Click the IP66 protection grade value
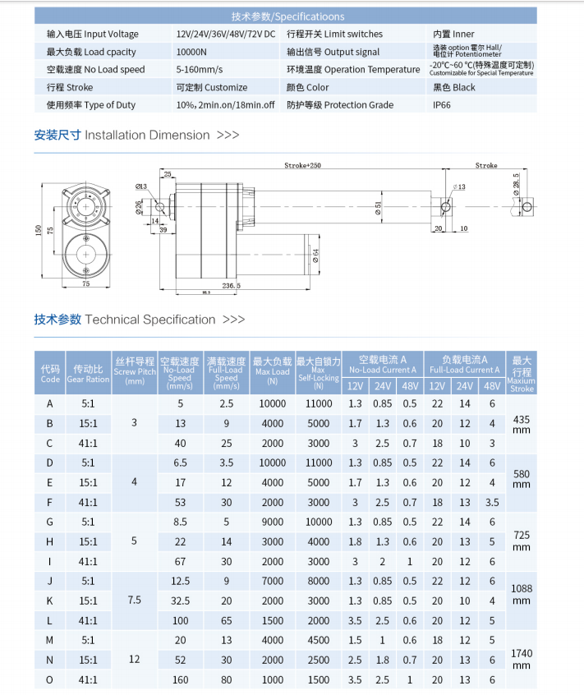click(442, 105)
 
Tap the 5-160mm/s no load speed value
click(199, 70)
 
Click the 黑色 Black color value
click(453, 87)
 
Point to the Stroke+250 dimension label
click(303, 165)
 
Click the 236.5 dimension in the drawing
click(232, 286)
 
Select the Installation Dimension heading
click(136, 135)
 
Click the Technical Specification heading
click(140, 320)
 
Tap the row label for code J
click(50, 581)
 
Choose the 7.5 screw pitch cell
click(135, 601)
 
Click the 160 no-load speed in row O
click(180, 679)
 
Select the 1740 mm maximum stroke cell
click(522, 659)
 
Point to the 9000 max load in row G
click(273, 522)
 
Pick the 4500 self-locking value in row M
click(319, 640)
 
